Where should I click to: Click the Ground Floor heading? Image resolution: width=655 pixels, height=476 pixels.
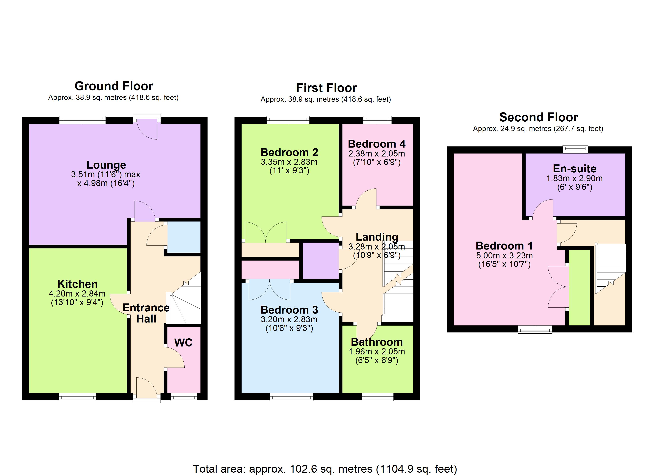point(114,86)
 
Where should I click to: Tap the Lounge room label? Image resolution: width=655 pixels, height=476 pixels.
point(106,165)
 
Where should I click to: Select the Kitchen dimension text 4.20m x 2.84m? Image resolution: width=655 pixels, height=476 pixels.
point(77,294)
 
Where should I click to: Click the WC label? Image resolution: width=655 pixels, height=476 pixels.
point(183,343)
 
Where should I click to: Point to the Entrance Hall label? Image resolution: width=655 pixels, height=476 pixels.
point(146,313)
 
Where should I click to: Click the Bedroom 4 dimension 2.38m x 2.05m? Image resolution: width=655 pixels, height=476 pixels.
point(376,154)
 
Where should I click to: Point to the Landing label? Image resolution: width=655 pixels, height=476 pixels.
point(377,237)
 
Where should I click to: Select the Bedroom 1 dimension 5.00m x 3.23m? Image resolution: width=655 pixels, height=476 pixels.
point(504,255)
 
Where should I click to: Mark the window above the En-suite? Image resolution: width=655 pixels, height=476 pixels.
point(575,149)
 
